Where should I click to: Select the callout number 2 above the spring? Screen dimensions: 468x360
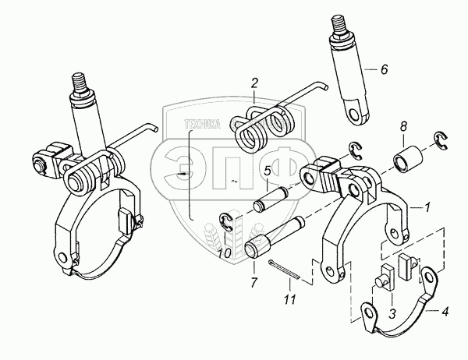(253, 82)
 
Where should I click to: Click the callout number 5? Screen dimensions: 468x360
(266, 171)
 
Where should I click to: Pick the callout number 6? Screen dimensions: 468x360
(383, 69)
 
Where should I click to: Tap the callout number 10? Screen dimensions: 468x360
(223, 253)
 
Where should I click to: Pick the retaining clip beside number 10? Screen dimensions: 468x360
(226, 223)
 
